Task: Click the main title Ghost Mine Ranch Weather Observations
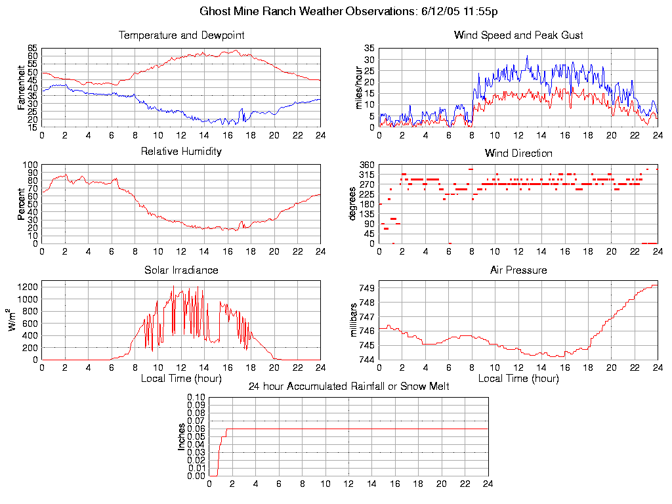coord(348,11)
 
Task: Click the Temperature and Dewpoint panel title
coord(181,35)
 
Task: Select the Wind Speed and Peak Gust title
coord(518,35)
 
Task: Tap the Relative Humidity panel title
coord(181,152)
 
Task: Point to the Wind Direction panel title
coord(518,153)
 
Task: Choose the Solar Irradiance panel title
coord(181,270)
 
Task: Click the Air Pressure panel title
coord(518,270)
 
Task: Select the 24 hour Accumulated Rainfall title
coord(348,387)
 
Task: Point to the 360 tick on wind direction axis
coord(366,165)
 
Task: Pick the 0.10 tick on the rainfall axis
coord(196,398)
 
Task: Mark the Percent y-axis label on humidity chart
coord(22,204)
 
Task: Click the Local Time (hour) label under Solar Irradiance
coord(181,378)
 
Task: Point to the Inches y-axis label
coord(182,436)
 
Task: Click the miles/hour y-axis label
coord(358,87)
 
